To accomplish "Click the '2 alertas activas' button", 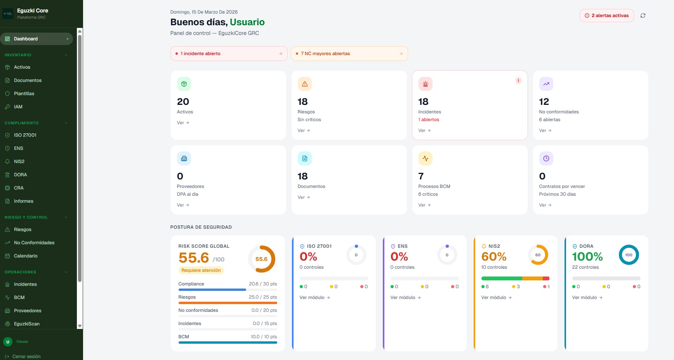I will (x=606, y=16).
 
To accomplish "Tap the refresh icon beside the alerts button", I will (x=643, y=16).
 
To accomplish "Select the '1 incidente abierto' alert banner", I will (x=229, y=54).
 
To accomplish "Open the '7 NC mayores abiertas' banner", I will (x=349, y=54).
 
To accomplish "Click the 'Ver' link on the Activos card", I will (x=183, y=123).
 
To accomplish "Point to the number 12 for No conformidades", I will (x=544, y=102).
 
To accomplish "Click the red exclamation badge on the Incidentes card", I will (x=518, y=81).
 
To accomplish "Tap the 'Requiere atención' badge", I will (x=201, y=270).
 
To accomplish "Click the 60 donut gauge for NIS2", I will (x=538, y=255).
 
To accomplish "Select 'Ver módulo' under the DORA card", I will (x=587, y=297).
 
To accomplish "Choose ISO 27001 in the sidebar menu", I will (x=25, y=135).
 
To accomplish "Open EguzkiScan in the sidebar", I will (x=26, y=324).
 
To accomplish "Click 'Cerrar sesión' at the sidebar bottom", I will (x=26, y=357).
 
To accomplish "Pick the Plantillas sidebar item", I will (x=24, y=94).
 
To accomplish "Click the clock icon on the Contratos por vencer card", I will (x=546, y=158).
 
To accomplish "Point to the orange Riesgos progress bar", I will (x=228, y=303).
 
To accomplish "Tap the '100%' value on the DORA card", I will (x=587, y=257).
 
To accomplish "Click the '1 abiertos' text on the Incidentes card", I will (x=429, y=120).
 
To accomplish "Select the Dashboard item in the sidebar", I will (x=26, y=39).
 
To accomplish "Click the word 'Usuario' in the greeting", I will (x=247, y=22).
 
